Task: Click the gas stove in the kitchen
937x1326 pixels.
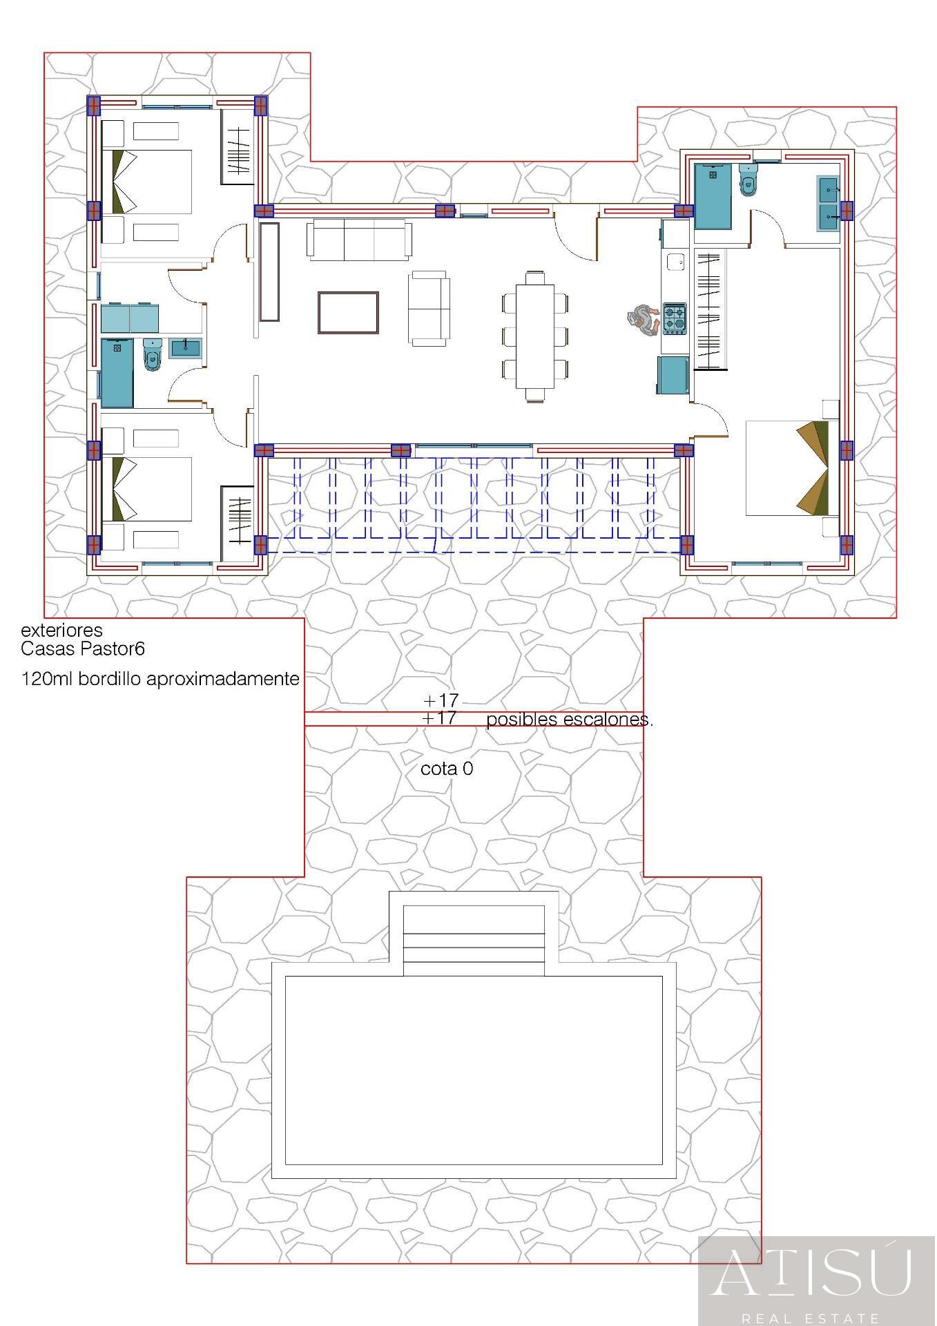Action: point(675,318)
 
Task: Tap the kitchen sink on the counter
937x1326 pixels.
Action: point(675,262)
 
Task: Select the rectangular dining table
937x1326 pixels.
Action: point(534,336)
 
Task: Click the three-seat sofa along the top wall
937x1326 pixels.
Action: point(359,239)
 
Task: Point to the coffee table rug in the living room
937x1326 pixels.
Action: point(348,312)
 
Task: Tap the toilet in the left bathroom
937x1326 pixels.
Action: point(152,354)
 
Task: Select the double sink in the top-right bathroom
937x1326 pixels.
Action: point(828,204)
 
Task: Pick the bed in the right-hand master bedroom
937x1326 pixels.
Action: point(791,468)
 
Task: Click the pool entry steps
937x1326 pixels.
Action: point(474,941)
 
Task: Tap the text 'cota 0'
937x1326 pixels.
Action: point(447,769)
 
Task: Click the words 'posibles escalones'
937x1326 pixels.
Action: point(569,720)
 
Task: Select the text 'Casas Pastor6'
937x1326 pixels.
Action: point(82,649)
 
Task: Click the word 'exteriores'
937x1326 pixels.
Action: point(61,630)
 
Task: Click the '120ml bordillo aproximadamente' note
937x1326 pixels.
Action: point(160,679)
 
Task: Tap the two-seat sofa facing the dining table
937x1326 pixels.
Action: point(429,307)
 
